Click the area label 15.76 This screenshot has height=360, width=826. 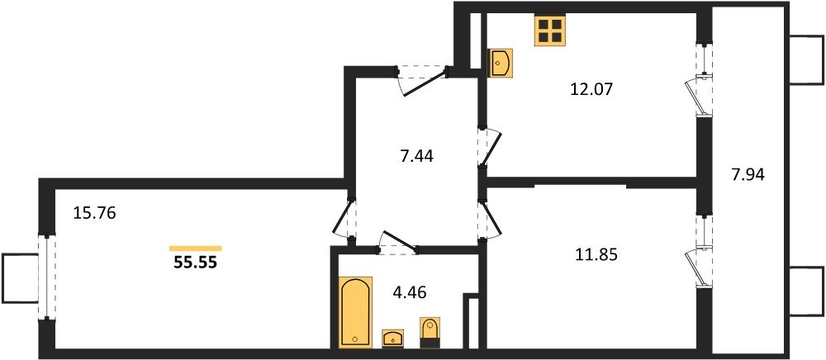point(94,213)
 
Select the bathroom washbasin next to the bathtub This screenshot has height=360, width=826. point(392,338)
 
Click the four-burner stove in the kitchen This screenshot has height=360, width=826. point(550,32)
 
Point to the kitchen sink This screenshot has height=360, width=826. point(501,62)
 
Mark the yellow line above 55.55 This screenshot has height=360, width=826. point(195,248)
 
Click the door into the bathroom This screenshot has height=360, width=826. point(396,240)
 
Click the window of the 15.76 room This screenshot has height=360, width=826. point(45,277)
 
